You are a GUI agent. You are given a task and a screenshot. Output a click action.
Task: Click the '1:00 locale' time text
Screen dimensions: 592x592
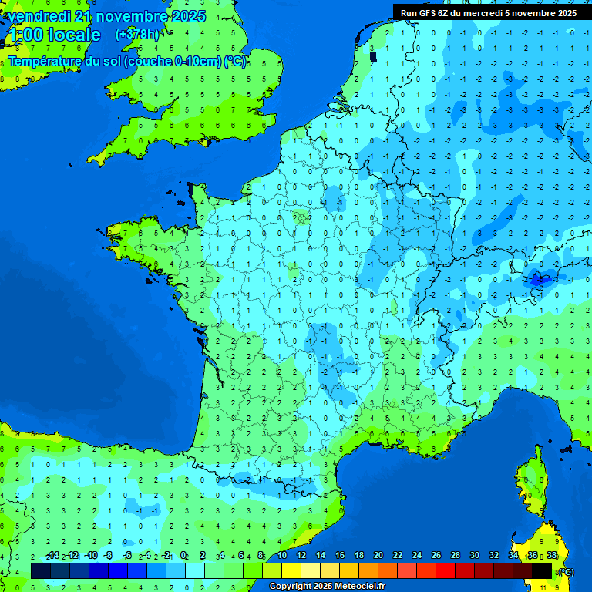54,35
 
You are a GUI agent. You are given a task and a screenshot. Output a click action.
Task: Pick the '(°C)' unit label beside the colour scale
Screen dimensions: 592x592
565,571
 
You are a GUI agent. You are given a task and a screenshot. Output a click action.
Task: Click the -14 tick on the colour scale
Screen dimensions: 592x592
52,555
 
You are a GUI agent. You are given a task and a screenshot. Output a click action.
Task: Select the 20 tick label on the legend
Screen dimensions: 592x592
378,555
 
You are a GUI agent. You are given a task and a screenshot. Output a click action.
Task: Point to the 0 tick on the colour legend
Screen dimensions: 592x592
183,555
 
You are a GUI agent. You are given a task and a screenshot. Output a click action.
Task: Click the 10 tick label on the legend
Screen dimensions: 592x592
282,555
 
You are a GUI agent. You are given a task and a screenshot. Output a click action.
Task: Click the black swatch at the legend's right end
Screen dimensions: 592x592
542,570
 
